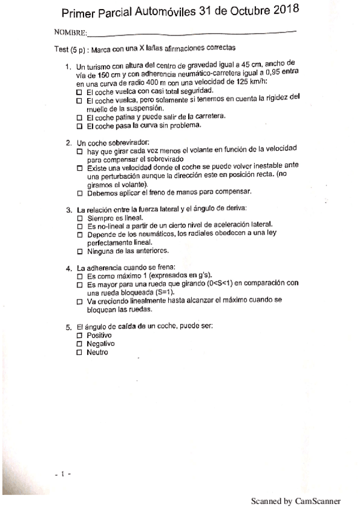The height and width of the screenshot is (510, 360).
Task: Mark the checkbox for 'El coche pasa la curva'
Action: (x=79, y=127)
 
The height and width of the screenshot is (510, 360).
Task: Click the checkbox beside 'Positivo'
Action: (x=79, y=335)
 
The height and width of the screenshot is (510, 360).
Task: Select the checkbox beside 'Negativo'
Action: (x=79, y=343)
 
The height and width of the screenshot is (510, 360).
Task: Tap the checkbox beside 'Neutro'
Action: (x=79, y=352)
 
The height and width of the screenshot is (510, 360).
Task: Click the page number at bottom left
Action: (x=62, y=474)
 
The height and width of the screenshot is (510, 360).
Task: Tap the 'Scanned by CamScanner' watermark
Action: (x=296, y=500)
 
